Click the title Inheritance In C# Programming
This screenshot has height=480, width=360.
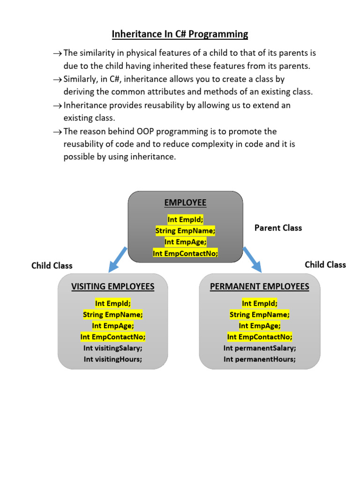180,34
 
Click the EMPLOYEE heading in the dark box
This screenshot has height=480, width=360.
185,202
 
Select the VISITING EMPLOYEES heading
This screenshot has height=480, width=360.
112,286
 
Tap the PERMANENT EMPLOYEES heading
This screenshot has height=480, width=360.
260,286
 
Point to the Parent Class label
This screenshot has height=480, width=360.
278,228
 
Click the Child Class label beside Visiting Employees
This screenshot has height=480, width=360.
52,266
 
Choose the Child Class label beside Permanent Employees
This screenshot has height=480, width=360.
325,264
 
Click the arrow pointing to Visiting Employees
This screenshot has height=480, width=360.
117,259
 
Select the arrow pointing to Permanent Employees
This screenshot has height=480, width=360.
252,259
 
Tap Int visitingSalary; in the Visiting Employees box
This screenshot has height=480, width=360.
112,348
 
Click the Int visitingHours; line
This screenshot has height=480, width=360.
112,360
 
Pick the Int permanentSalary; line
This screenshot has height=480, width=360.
260,348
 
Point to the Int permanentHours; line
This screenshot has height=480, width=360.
260,360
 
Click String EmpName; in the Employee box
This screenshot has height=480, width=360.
185,231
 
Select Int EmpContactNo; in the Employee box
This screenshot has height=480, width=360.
185,254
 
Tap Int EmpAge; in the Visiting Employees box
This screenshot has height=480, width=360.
112,326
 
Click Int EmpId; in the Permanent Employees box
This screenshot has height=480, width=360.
260,303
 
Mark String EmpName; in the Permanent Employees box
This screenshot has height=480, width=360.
260,315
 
